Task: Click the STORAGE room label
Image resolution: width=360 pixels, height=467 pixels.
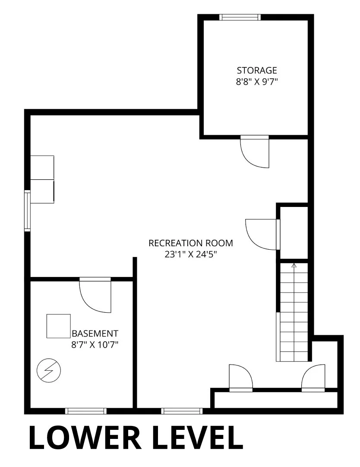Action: (x=257, y=70)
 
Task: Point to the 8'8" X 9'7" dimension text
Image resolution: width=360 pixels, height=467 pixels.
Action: (x=257, y=82)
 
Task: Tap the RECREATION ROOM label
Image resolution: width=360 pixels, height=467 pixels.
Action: (x=191, y=243)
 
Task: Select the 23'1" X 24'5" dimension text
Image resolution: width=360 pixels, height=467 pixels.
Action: (x=191, y=254)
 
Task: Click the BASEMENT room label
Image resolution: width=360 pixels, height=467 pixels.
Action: (x=95, y=333)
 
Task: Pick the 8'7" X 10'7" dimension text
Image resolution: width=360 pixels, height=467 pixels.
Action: (x=95, y=345)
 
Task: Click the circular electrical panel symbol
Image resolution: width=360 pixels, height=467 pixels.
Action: (x=48, y=371)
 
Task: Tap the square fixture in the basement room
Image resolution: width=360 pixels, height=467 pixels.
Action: (x=58, y=326)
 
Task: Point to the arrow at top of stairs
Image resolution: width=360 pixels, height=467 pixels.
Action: (x=294, y=266)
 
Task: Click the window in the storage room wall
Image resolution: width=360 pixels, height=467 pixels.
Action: (x=240, y=17)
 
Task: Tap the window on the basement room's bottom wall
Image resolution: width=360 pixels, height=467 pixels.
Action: (x=86, y=411)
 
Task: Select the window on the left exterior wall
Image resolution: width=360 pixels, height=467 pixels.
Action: (x=27, y=210)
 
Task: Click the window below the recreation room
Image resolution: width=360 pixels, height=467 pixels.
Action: (x=182, y=411)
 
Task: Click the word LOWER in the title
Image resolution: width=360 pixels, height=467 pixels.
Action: (x=85, y=438)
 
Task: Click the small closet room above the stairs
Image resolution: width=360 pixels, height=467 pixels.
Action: (x=294, y=232)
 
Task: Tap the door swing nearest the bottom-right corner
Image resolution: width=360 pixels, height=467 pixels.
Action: (x=313, y=378)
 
